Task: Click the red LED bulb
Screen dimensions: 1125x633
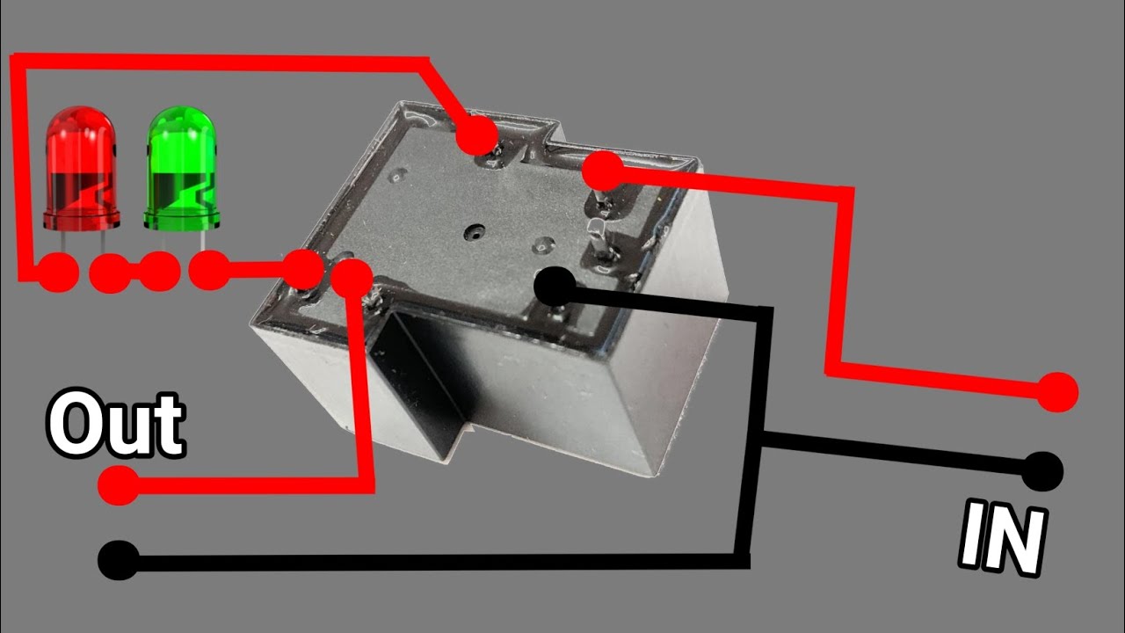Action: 82,168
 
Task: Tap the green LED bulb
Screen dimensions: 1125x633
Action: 182,168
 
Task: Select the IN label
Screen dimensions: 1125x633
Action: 1003,539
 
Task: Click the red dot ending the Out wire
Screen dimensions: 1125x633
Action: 119,484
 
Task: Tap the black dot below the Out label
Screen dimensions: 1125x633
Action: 119,560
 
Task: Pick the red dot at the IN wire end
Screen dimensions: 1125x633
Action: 1057,392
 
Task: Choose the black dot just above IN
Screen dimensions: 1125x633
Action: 1042,471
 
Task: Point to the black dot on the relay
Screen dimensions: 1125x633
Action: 555,287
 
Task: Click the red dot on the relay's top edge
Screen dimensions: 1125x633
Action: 477,135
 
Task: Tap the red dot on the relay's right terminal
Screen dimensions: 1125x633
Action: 603,171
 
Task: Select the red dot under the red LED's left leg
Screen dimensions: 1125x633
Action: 58,273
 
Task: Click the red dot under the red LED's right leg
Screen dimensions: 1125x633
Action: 110,273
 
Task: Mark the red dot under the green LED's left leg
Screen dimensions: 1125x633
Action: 159,272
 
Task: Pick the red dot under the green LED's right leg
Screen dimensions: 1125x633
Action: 209,272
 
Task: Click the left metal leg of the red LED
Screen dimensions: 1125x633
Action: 65,243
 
